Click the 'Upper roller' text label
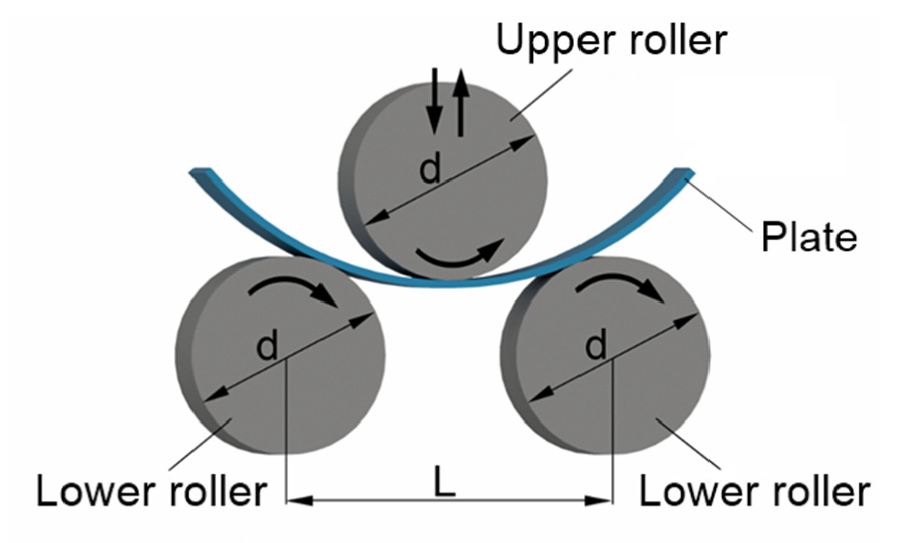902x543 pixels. coord(611,40)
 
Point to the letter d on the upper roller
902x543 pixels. coord(430,169)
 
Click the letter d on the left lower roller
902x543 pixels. coord(267,347)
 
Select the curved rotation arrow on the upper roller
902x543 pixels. coord(460,255)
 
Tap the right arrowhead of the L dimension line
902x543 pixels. coord(600,501)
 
